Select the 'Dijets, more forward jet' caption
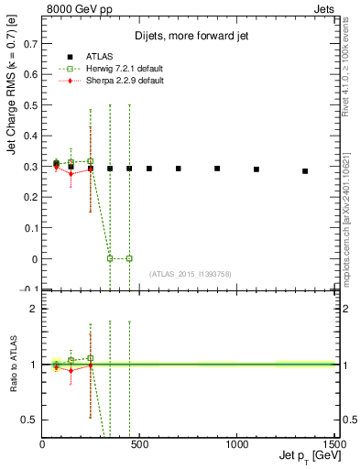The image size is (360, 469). pos(191,36)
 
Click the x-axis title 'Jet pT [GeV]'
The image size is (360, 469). pos(306,455)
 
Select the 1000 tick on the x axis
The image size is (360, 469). pos(236,443)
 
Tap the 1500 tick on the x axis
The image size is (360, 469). pos(333,443)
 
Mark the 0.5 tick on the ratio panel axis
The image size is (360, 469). pos(31,420)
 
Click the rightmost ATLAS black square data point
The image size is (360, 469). pos(305,171)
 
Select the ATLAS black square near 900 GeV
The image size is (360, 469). pos(217,169)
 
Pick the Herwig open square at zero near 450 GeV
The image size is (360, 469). pos(129,258)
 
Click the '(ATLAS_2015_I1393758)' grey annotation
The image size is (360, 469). pos(190,274)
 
